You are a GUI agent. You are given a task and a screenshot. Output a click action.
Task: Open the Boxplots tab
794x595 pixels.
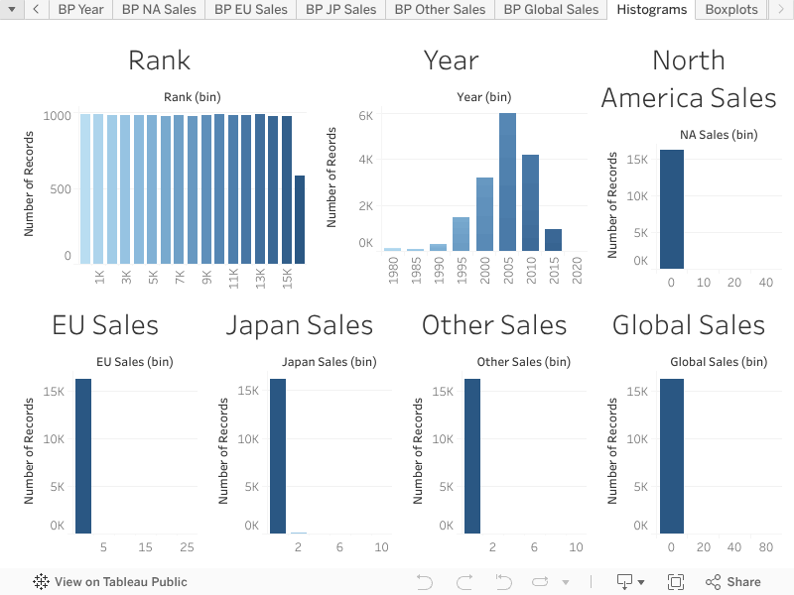730,10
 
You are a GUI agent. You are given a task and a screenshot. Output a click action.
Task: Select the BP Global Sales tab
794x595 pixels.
551,10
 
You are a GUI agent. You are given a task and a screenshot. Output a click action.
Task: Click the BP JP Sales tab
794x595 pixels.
340,10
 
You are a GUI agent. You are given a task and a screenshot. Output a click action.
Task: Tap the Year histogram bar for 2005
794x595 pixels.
507,182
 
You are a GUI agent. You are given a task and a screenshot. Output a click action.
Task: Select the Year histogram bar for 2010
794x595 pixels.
530,203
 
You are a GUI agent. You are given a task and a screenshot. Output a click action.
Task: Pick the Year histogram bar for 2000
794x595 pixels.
484,214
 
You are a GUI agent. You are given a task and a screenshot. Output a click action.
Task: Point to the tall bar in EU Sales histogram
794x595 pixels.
83,456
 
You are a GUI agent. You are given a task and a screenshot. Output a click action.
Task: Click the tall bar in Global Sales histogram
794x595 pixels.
672,456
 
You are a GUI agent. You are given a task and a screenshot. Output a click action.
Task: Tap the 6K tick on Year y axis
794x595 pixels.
365,116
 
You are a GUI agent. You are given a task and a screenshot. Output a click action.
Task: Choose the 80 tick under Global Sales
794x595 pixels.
765,547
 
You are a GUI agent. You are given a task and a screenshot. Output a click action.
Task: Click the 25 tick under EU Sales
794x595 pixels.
187,547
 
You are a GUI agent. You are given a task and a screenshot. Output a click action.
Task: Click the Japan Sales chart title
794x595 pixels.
299,325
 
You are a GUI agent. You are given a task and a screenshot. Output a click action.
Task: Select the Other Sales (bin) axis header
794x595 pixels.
509,362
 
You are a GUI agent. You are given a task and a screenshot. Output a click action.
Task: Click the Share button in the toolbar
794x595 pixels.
733,582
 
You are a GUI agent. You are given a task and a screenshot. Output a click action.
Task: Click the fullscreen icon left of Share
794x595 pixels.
676,582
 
